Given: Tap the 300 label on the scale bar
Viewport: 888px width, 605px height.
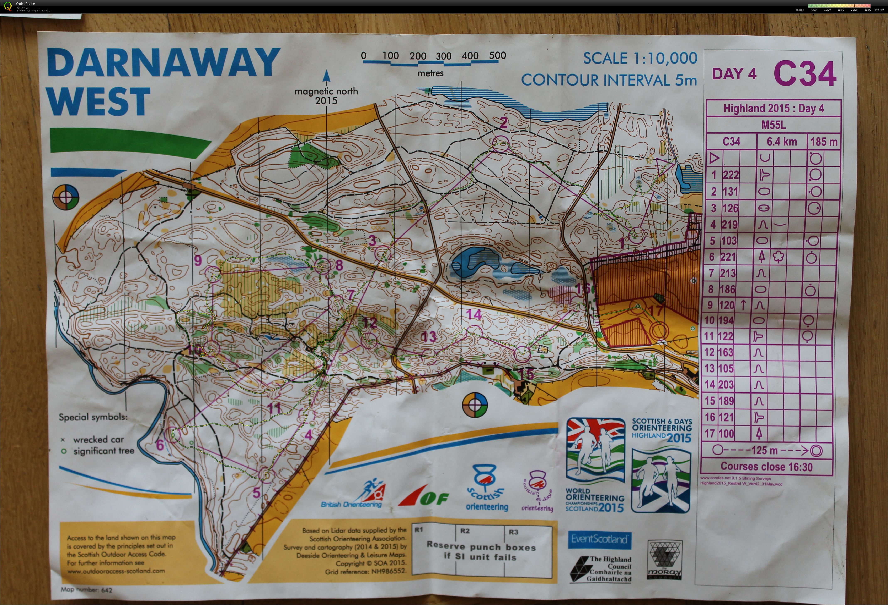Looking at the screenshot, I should pos(444,56).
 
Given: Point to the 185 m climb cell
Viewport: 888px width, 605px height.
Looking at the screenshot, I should pos(823,142).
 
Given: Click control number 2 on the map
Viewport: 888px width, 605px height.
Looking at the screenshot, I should pos(504,122).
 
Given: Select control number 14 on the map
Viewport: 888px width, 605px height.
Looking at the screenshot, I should pos(474,314).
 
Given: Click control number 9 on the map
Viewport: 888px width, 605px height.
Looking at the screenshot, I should pos(198,260).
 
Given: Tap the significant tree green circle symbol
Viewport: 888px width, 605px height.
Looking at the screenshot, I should pos(64,451).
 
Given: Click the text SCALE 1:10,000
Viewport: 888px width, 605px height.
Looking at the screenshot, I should pos(640,58).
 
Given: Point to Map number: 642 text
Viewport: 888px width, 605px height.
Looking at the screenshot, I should pos(86,590).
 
